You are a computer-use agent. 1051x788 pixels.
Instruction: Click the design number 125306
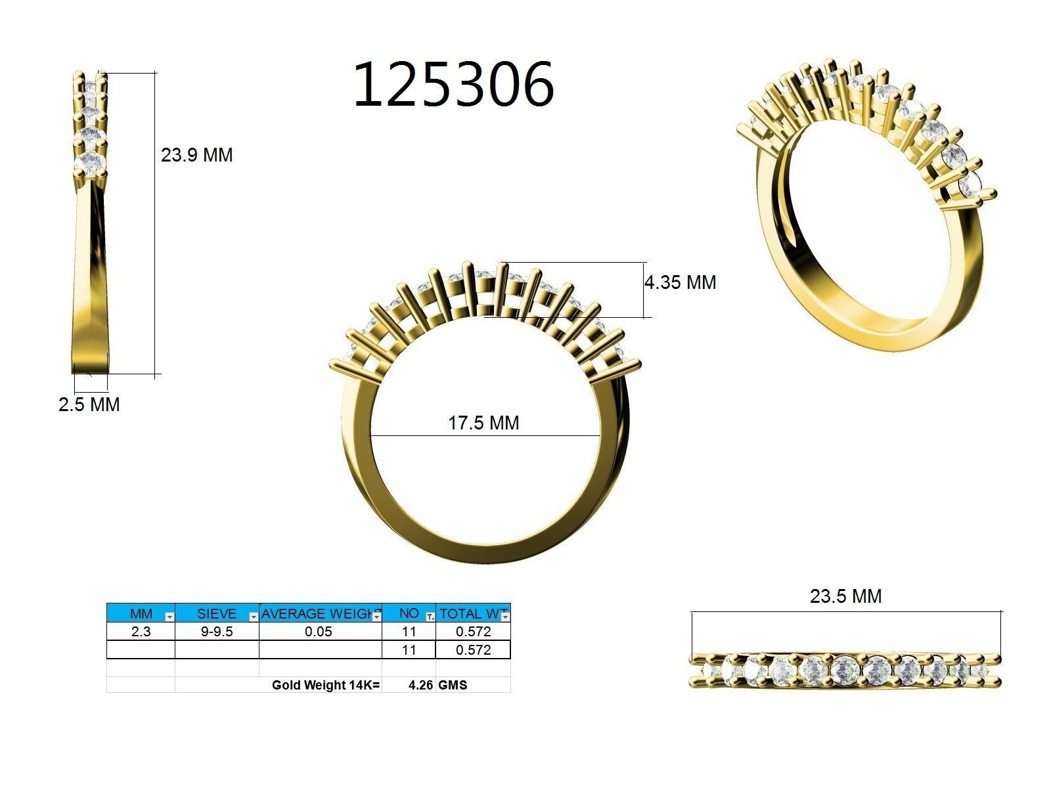pyautogui.click(x=453, y=85)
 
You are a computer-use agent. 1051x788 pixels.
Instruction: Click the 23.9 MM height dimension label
pyautogui.click(x=196, y=156)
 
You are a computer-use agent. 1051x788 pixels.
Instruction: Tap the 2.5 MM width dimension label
pyautogui.click(x=89, y=405)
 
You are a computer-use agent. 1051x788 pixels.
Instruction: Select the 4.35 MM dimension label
pyautogui.click(x=680, y=283)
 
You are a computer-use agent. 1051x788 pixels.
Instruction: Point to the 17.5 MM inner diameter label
pyautogui.click(x=483, y=423)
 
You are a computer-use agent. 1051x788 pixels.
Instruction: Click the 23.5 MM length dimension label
pyautogui.click(x=845, y=596)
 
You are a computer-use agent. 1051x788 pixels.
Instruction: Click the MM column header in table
pyautogui.click(x=141, y=614)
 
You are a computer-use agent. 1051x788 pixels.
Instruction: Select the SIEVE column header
pyautogui.click(x=216, y=614)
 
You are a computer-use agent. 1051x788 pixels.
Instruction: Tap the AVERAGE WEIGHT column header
pyautogui.click(x=319, y=614)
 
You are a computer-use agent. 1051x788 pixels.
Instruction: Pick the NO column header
pyautogui.click(x=408, y=613)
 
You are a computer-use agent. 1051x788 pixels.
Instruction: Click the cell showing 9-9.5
pyautogui.click(x=216, y=632)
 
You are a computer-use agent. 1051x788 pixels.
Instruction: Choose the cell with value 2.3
pyautogui.click(x=141, y=632)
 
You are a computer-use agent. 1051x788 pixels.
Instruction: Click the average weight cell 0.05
pyautogui.click(x=319, y=632)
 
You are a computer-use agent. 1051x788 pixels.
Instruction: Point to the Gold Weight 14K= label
pyautogui.click(x=326, y=686)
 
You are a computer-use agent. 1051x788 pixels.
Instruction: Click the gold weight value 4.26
pyautogui.click(x=420, y=686)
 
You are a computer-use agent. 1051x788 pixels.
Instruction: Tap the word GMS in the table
pyautogui.click(x=453, y=686)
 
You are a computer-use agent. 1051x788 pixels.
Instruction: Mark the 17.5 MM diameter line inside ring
pyautogui.click(x=420, y=435)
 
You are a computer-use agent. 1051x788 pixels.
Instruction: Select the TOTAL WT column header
pyautogui.click(x=470, y=614)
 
